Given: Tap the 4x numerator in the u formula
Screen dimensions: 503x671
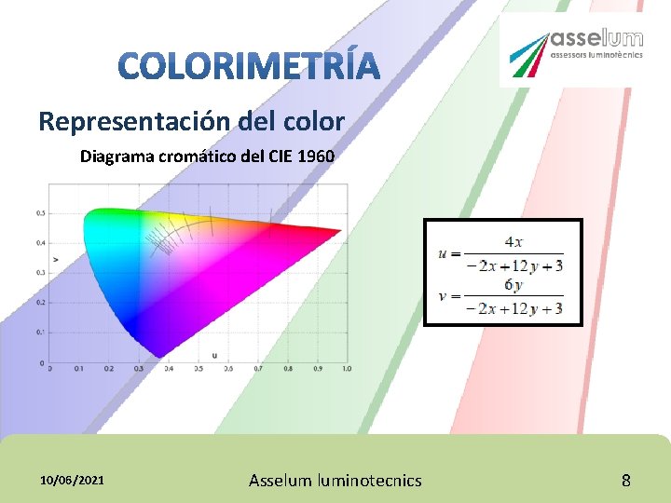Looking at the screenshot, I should click(514, 241).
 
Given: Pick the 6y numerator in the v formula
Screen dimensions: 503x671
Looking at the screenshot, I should click(514, 284).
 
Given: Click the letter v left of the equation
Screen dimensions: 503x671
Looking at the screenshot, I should click(444, 297).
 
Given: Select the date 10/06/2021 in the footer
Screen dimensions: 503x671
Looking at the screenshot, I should click(73, 480).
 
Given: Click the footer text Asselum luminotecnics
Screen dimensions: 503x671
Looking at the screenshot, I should click(335, 481).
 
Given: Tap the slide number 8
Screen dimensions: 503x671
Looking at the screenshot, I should click(626, 481).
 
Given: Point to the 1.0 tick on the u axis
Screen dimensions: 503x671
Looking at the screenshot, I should click(347, 370).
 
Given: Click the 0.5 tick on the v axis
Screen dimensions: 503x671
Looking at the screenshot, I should click(41, 212).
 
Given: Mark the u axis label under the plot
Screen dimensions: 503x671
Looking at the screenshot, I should click(213, 356).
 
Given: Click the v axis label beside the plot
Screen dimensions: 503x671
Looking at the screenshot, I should click(56, 257).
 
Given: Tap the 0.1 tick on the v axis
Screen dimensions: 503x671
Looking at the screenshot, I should click(41, 332).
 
